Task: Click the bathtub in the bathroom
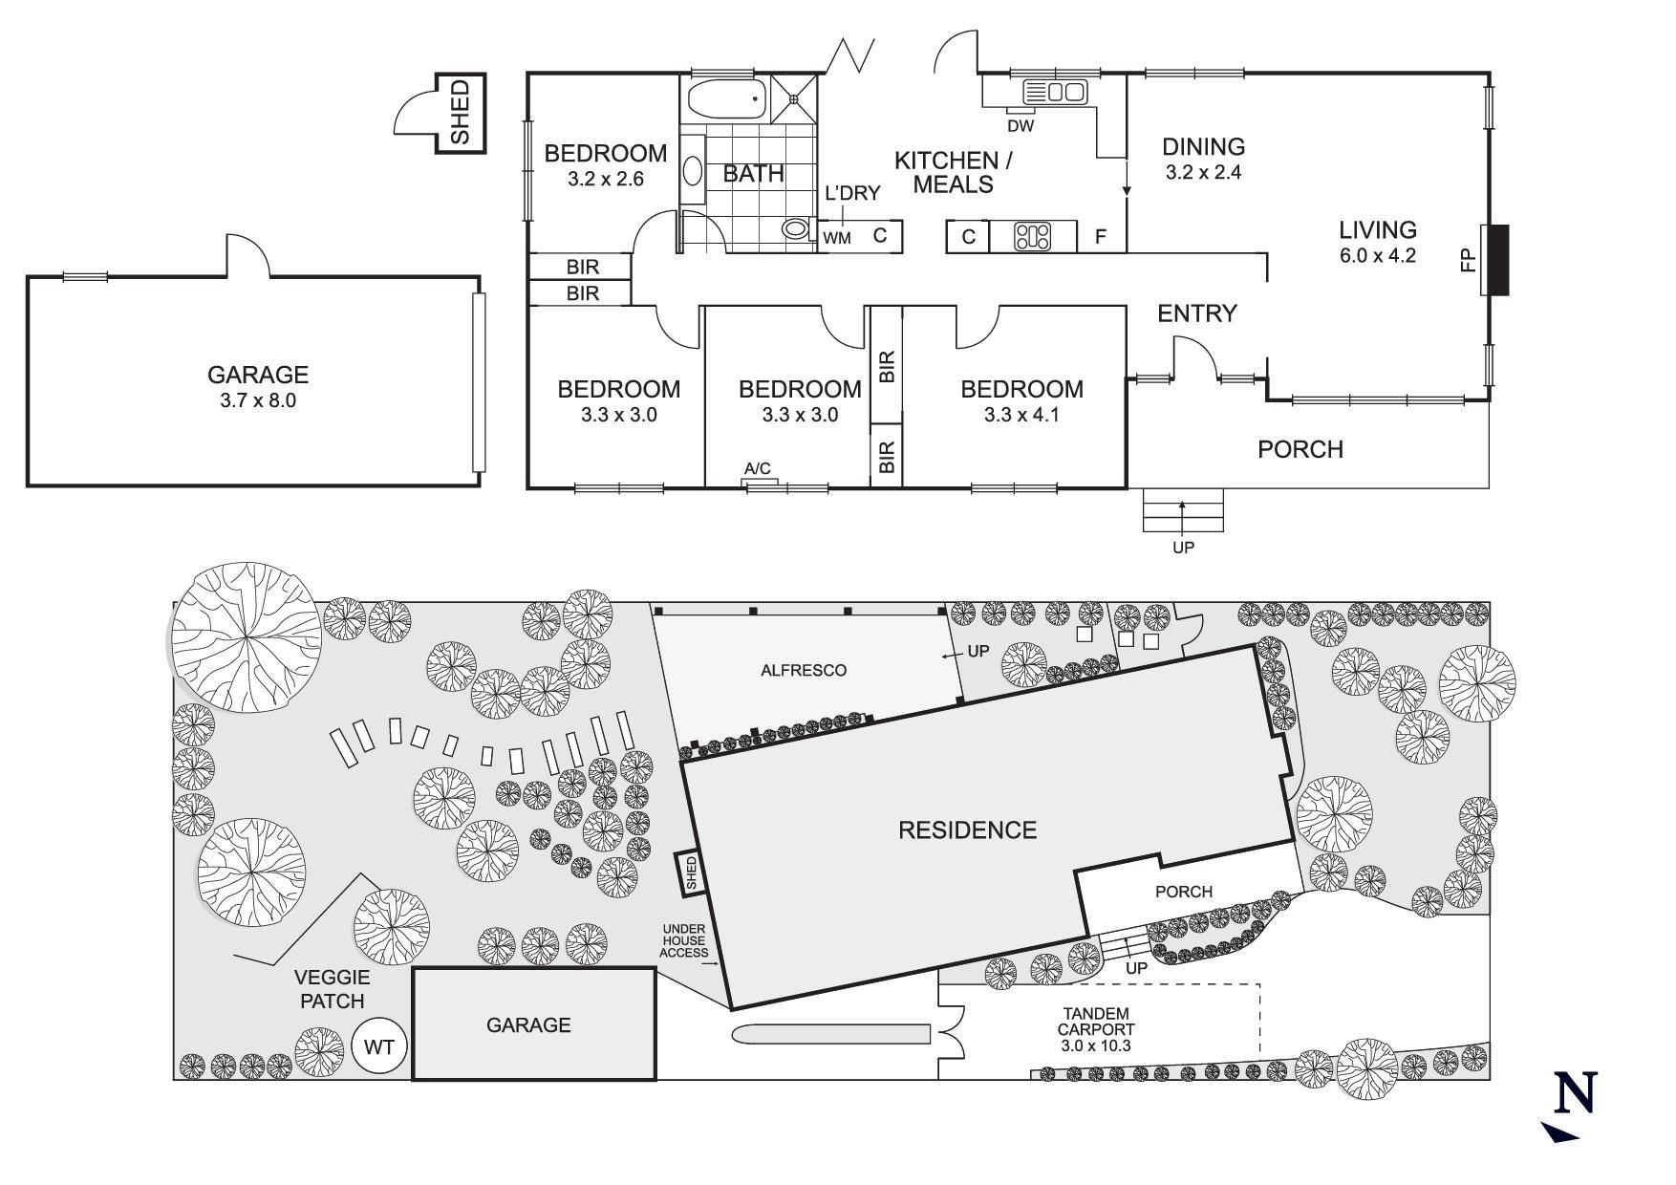point(727,98)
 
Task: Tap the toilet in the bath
point(795,229)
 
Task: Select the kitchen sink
point(1055,92)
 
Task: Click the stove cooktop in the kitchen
point(1033,236)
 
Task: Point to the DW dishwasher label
point(1021,125)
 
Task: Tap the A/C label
point(758,468)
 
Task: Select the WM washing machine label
point(837,236)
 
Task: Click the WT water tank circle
point(379,1046)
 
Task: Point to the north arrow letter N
point(1576,1093)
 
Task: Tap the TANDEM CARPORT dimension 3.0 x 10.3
point(1095,1045)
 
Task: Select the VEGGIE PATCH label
point(333,989)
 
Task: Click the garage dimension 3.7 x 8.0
point(258,400)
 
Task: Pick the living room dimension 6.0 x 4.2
point(1377,255)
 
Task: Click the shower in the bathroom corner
point(795,98)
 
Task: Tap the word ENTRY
point(1197,312)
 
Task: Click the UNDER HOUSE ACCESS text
point(686,940)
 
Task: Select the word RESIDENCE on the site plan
point(968,829)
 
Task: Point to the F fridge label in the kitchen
point(1101,236)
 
